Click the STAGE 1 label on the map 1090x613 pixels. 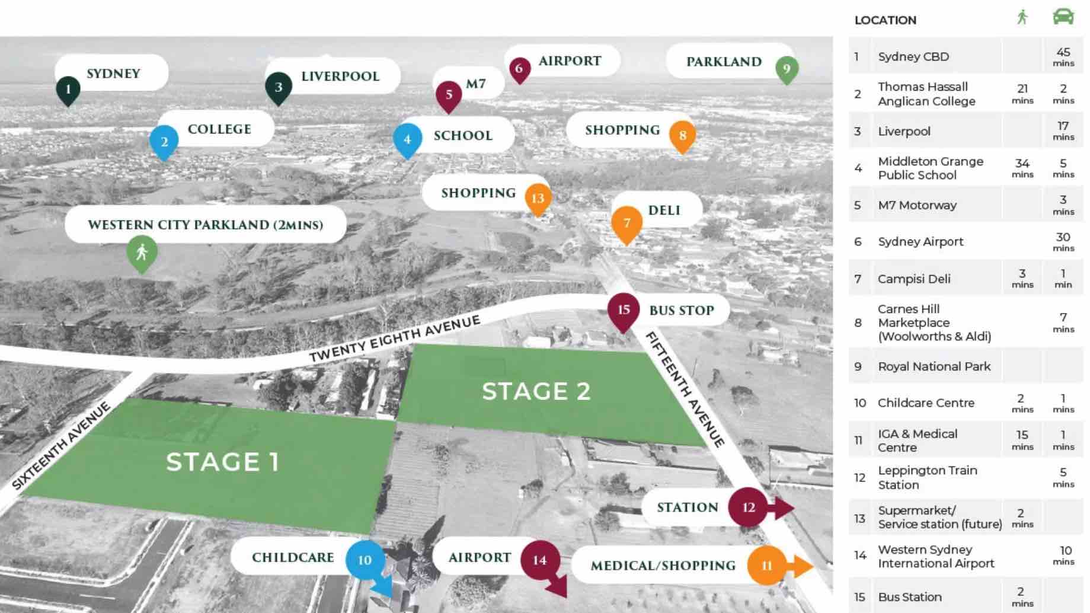click(222, 462)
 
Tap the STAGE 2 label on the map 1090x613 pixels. click(536, 391)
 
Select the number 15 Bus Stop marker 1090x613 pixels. click(624, 310)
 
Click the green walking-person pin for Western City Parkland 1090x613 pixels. click(142, 253)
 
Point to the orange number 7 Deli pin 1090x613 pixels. click(626, 223)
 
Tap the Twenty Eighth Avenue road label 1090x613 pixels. click(395, 339)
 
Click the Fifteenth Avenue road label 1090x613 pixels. click(685, 389)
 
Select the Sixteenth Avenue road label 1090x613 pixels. click(62, 445)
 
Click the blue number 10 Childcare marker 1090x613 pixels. click(365, 560)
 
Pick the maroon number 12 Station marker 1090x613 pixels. click(749, 507)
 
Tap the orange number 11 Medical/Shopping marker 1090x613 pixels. click(766, 566)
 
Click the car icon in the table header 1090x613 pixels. click(1063, 17)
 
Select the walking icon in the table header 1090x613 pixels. click(1022, 17)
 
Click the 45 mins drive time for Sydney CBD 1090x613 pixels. click(1063, 56)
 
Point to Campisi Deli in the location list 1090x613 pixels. click(914, 279)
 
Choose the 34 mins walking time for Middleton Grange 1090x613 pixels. click(1022, 168)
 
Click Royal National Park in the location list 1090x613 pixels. click(934, 366)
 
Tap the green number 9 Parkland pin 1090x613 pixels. click(787, 69)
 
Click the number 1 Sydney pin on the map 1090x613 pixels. click(68, 90)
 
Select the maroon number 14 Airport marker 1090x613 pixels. click(539, 560)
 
